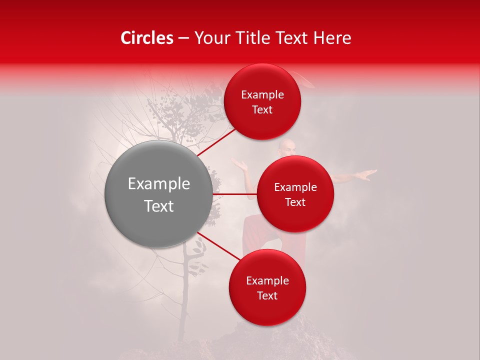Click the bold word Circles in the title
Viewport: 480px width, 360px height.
point(147,38)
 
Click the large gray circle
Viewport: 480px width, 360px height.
point(159,194)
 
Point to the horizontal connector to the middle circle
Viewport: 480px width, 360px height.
point(235,194)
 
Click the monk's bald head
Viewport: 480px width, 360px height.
point(287,146)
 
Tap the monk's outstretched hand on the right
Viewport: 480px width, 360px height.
point(367,174)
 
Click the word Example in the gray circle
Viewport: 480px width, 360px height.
point(159,184)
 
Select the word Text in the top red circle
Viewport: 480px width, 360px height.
point(262,110)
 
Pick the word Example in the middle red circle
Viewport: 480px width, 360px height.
point(295,187)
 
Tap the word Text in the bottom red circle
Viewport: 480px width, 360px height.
point(267,295)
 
